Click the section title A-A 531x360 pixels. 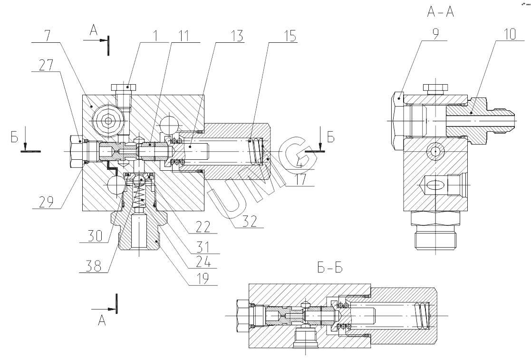441,12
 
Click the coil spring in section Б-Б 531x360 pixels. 421,314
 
